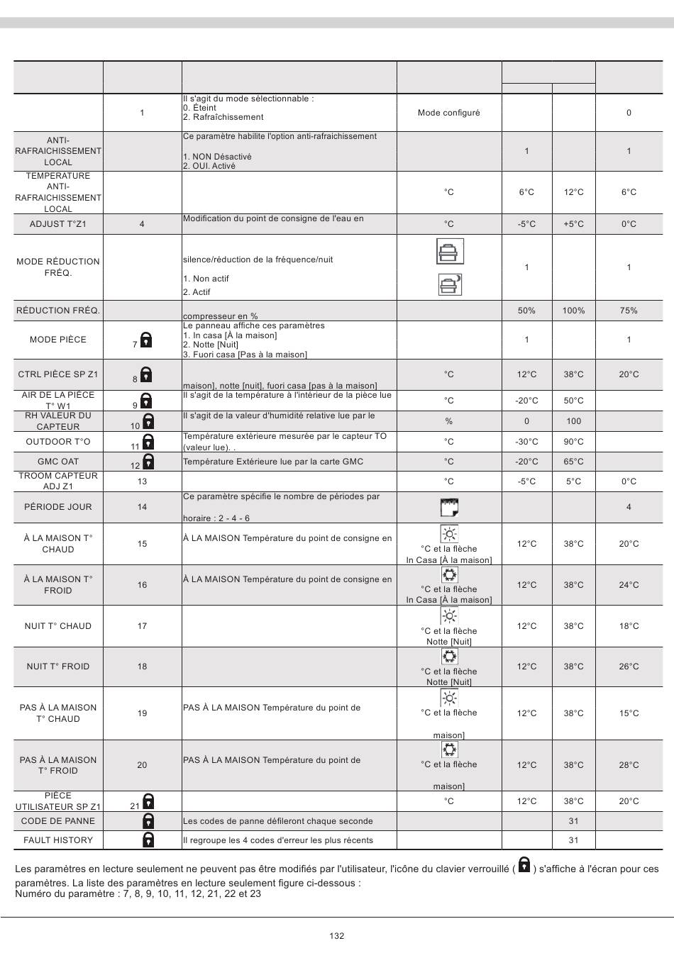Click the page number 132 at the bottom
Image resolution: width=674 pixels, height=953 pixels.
337,936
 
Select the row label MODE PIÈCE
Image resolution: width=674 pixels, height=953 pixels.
58,340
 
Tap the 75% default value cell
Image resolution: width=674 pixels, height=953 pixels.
629,311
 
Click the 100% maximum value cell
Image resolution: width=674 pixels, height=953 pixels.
573,311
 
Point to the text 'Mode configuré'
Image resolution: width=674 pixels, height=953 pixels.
448,113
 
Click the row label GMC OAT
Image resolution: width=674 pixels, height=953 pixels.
58,462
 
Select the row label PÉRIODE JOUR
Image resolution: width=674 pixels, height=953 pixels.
58,507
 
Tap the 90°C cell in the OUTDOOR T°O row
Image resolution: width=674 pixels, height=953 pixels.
573,442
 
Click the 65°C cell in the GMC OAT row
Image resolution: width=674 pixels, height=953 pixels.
573,462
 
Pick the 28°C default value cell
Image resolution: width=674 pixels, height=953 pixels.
629,765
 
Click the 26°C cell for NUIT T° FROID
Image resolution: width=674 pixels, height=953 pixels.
629,667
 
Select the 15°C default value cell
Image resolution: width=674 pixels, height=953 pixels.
629,713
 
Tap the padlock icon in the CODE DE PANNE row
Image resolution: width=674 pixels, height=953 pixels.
148,821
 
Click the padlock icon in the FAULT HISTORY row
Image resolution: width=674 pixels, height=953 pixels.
148,840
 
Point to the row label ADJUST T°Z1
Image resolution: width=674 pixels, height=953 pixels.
58,224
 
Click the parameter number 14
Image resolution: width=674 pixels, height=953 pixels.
142,507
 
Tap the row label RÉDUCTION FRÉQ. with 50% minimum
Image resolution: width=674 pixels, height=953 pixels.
58,311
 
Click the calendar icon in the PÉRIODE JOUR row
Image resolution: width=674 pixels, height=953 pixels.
449,507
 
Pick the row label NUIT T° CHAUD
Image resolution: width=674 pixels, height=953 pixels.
58,626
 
